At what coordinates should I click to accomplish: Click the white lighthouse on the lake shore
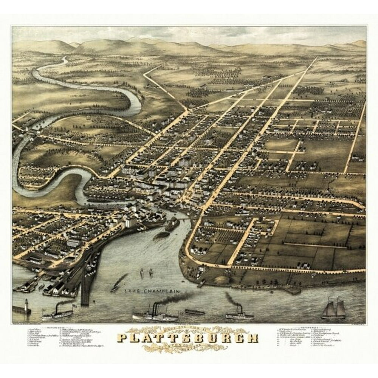click(27, 305)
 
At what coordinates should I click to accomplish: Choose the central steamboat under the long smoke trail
click(155, 313)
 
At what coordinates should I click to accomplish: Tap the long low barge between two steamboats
click(195, 312)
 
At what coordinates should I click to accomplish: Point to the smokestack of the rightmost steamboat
click(239, 308)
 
